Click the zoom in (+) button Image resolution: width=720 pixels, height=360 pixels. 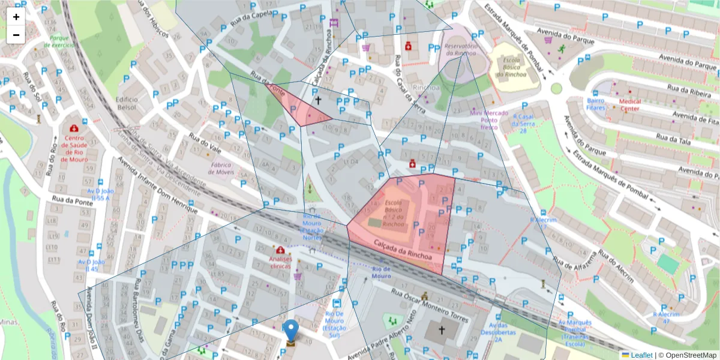pos(16,17)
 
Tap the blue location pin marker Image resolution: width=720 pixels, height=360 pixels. pos(290,331)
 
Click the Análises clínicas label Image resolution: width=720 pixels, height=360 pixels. pos(280,262)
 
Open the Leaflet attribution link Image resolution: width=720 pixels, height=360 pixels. pos(641,355)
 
